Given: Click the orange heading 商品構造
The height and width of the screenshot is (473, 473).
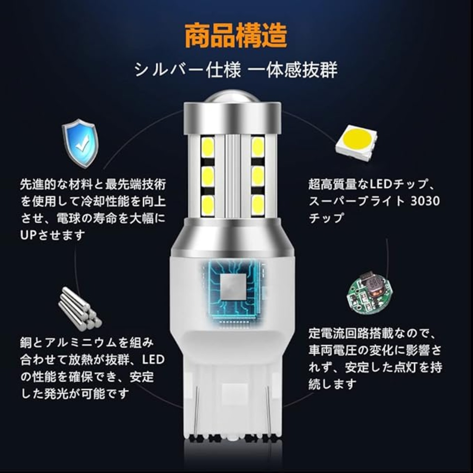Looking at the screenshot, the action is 236,35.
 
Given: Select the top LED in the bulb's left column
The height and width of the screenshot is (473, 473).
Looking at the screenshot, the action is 208,147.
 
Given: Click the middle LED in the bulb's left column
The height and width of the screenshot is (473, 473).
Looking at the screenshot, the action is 208,176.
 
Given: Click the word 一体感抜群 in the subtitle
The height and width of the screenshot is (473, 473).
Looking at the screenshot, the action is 292,69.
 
